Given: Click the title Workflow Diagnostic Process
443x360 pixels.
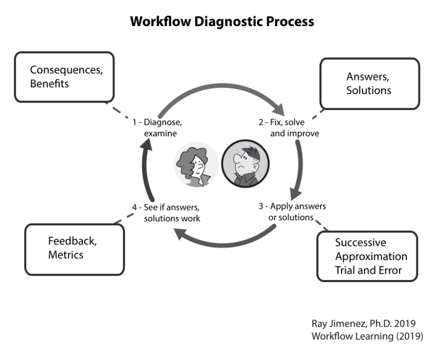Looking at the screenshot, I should point(222,22).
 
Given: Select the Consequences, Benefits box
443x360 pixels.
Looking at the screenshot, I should point(64,76).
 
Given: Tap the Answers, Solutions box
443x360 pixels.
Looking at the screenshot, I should point(369,83).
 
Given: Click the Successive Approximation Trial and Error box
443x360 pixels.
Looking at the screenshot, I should point(367,256).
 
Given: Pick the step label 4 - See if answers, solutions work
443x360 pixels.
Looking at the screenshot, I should point(166,213).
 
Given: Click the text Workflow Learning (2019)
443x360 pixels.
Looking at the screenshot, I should point(367,336).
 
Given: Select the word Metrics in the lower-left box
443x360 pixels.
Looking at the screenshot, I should point(65,255).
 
